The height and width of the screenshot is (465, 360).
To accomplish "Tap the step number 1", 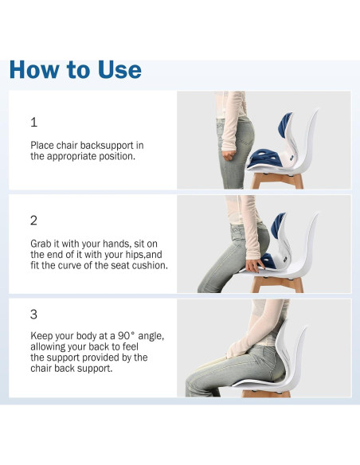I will (33, 123).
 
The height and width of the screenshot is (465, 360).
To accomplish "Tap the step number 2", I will (33, 220).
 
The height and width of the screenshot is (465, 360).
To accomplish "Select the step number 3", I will (33, 315).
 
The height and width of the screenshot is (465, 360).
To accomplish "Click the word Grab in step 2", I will (42, 243).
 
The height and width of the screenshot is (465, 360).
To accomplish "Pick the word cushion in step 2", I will (149, 265).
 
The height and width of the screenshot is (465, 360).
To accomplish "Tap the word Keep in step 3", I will (42, 336).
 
